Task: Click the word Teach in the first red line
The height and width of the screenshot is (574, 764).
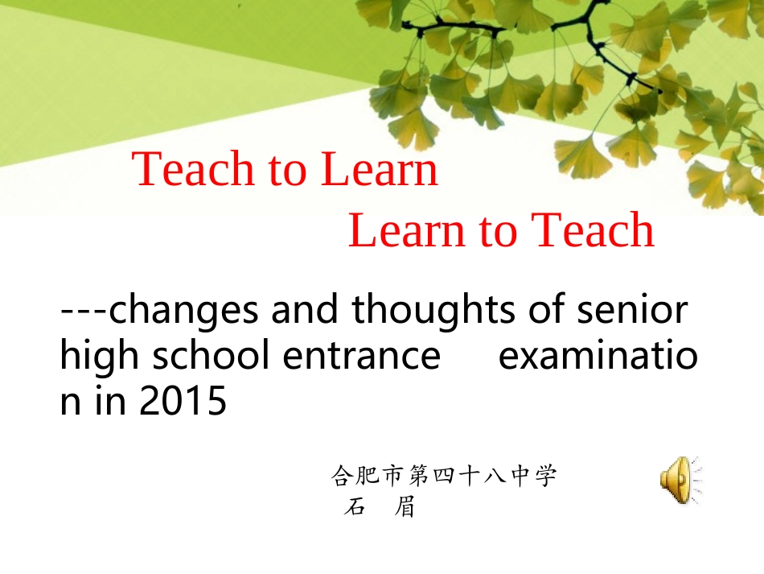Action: tap(184, 170)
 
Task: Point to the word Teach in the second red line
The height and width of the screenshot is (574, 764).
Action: tap(594, 231)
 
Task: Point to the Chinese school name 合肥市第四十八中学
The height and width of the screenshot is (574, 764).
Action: tap(444, 477)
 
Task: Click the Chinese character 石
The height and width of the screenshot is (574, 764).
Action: tap(354, 508)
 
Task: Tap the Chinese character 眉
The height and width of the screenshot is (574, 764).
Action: tap(405, 508)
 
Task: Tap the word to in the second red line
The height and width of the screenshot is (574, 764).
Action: tap(498, 231)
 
